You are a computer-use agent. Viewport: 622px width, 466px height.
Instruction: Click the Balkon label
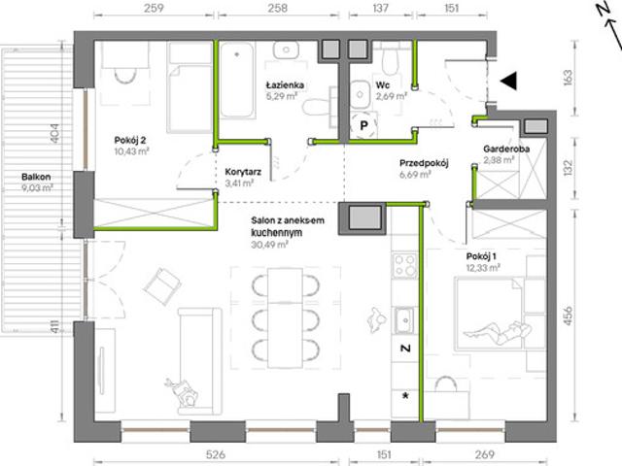[36, 177]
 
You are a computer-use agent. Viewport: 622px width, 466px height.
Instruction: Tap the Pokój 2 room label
[130, 140]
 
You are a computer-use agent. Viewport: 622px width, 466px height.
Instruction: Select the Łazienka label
[285, 84]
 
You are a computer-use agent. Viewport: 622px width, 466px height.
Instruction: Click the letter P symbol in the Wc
[363, 125]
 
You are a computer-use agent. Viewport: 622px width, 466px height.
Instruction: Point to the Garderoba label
[506, 149]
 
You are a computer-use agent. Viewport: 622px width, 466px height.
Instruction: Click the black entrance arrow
[508, 81]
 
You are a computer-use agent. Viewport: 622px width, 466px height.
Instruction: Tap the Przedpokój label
[424, 163]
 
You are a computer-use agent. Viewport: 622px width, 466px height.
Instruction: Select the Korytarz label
[243, 172]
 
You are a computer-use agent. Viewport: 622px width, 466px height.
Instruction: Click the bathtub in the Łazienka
[237, 81]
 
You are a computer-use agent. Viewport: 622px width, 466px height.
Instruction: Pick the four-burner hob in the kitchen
[405, 265]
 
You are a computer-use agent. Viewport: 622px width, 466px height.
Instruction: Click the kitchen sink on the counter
[405, 319]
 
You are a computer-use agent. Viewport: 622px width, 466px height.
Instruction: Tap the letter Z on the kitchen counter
[405, 349]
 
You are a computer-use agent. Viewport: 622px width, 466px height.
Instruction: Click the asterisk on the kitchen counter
[405, 395]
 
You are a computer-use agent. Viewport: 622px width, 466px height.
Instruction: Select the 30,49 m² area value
[269, 245]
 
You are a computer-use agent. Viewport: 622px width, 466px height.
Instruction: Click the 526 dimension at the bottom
[216, 454]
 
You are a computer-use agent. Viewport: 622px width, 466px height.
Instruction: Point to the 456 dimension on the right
[568, 316]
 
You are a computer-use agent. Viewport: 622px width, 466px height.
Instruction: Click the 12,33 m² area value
[483, 268]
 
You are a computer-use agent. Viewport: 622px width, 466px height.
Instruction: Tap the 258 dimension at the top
[278, 8]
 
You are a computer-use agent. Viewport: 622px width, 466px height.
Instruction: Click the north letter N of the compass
[604, 10]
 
